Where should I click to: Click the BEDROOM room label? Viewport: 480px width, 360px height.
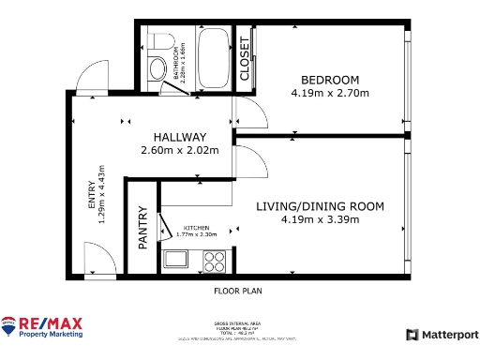point(329,79)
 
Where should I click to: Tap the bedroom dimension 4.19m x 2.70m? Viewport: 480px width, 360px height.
point(329,93)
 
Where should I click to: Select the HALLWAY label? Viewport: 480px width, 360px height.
point(179,137)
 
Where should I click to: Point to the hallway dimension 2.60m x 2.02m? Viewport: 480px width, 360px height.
point(179,151)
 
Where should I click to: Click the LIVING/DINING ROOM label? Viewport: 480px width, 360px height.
point(320,205)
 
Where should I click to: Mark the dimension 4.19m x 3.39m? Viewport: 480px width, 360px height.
point(320,219)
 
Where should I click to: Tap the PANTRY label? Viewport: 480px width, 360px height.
point(142,227)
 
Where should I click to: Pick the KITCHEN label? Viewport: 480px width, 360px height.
point(196,227)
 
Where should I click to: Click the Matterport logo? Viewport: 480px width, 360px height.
point(441,335)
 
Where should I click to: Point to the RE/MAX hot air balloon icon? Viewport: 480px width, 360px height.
point(9,326)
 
